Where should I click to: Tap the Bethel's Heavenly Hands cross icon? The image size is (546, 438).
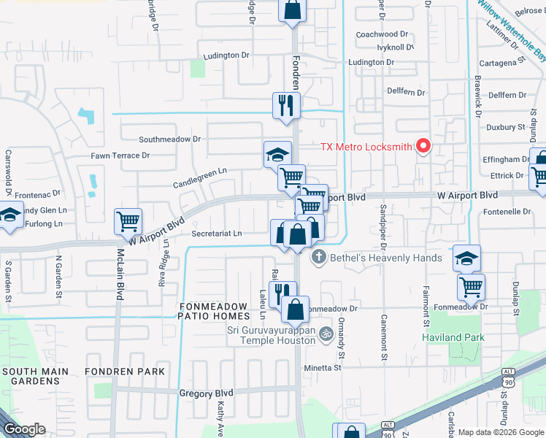[x=318, y=258]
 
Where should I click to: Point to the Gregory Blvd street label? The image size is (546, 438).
[x=206, y=393]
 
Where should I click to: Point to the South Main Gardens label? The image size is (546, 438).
[x=35, y=377]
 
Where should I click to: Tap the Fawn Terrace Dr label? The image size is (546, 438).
[x=120, y=155]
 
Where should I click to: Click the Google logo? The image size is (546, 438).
[x=25, y=429]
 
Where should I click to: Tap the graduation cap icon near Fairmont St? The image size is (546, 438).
[x=466, y=258]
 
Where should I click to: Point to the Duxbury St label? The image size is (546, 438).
[x=507, y=127]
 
